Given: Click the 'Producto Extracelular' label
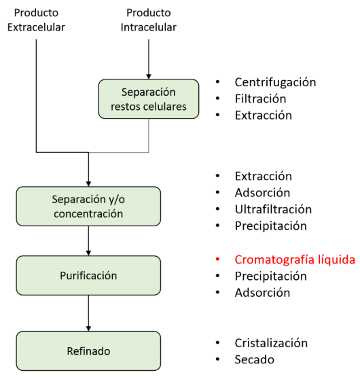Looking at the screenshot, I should pyautogui.click(x=36, y=20).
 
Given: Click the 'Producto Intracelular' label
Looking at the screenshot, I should pyautogui.click(x=148, y=20).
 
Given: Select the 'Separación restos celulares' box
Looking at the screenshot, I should pyautogui.click(x=148, y=100).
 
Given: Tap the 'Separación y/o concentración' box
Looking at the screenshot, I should pyautogui.click(x=88, y=206).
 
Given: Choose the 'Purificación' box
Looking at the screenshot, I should pyautogui.click(x=88, y=276).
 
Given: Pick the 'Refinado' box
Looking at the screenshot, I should pyautogui.click(x=88, y=351).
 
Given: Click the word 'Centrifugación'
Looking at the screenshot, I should pyautogui.click(x=275, y=82).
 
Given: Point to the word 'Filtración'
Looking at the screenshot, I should pyautogui.click(x=260, y=99).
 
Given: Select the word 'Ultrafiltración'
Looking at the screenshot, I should pyautogui.click(x=272, y=209).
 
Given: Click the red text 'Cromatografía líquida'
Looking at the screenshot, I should pyautogui.click(x=294, y=259).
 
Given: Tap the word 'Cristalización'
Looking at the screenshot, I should pyautogui.click(x=271, y=343).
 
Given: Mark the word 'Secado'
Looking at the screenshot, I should pyautogui.click(x=254, y=360).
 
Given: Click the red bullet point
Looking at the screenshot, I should pyautogui.click(x=218, y=259).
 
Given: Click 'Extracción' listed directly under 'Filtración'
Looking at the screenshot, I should pyautogui.click(x=263, y=115).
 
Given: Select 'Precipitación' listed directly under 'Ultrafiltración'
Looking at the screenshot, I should pyautogui.click(x=270, y=226).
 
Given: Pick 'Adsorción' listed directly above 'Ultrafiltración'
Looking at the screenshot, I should pyautogui.click(x=262, y=192).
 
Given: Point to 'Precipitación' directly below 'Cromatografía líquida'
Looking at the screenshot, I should pyautogui.click(x=270, y=276).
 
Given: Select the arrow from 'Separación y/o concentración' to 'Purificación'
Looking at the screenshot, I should pyautogui.click(x=88, y=240).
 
